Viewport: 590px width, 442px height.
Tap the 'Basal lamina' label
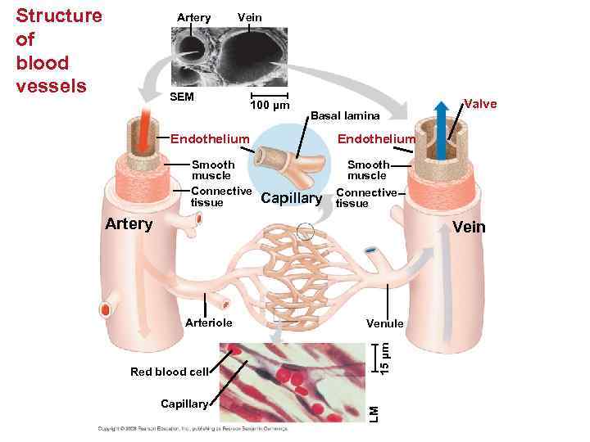345,115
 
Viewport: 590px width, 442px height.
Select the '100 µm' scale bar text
270,107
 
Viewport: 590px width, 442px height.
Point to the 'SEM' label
181,97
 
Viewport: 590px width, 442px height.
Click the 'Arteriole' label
210,322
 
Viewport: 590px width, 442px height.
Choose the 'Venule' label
384,323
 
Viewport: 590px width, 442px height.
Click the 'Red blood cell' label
170,372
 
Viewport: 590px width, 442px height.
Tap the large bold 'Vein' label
469,227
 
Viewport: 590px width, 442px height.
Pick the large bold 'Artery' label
129,223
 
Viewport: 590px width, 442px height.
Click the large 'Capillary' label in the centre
291,198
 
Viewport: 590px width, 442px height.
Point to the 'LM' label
373,413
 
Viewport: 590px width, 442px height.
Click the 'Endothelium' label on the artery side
209,137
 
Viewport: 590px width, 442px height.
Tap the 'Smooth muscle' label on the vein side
366,169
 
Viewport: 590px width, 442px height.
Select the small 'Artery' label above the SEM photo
193,17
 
